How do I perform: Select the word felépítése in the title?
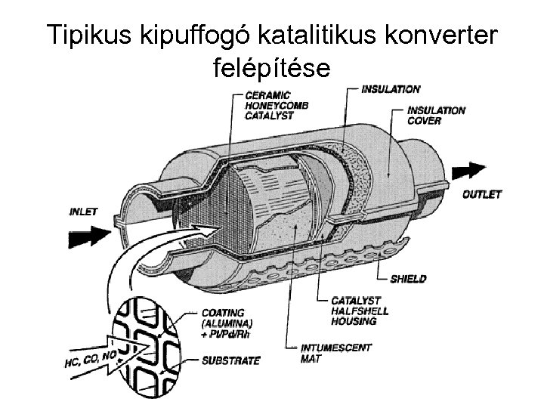click(x=268, y=69)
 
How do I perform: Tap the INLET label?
click(x=84, y=212)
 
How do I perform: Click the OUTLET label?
click(x=481, y=194)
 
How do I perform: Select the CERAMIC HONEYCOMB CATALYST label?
click(x=271, y=105)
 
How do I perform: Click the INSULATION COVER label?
click(x=436, y=115)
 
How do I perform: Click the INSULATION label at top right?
click(x=391, y=89)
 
